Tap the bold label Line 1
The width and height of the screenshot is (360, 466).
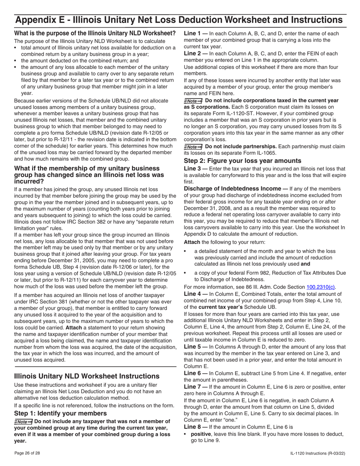[192, 33]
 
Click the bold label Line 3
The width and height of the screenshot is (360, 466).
[192, 168]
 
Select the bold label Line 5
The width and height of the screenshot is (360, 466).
[192, 347]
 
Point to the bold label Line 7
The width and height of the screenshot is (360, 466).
[192, 387]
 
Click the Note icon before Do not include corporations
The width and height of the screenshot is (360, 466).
[193, 101]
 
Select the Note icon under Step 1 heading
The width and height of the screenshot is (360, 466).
[23, 422]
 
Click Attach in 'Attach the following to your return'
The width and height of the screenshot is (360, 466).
[192, 242]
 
